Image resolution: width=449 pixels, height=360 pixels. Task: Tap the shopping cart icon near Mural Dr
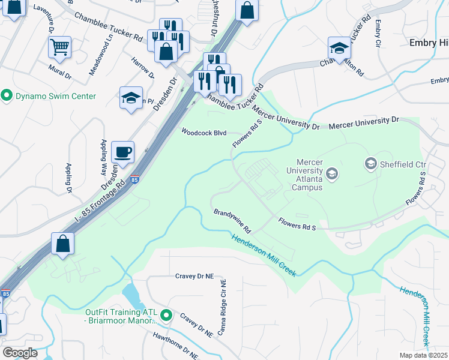tap(59, 47)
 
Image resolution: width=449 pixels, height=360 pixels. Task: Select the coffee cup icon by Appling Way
tap(123, 152)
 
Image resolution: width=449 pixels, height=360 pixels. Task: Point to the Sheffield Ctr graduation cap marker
tap(370, 163)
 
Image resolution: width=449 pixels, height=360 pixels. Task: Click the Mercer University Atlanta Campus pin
tap(332, 175)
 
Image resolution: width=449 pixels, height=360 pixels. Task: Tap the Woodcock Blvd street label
tap(203, 133)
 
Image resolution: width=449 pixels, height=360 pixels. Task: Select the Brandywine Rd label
tap(232, 221)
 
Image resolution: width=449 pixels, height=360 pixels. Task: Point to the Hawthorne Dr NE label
tap(175, 346)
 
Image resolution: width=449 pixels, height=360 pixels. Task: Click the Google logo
tap(19, 353)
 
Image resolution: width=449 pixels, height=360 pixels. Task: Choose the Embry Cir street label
tap(378, 33)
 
